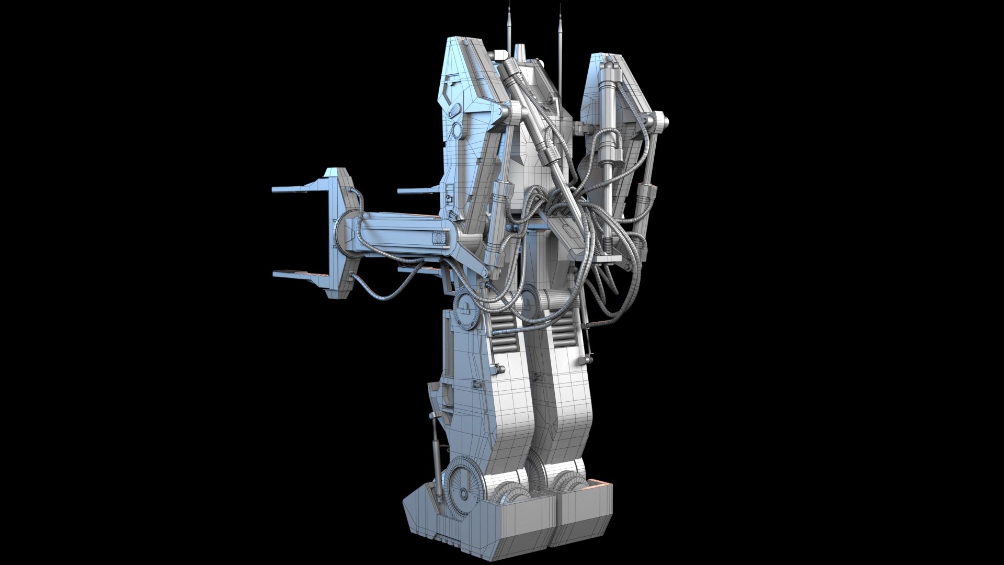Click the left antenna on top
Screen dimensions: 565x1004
(x=508, y=26)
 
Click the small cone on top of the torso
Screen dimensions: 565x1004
(x=519, y=52)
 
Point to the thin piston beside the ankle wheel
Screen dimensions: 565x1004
(x=436, y=450)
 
